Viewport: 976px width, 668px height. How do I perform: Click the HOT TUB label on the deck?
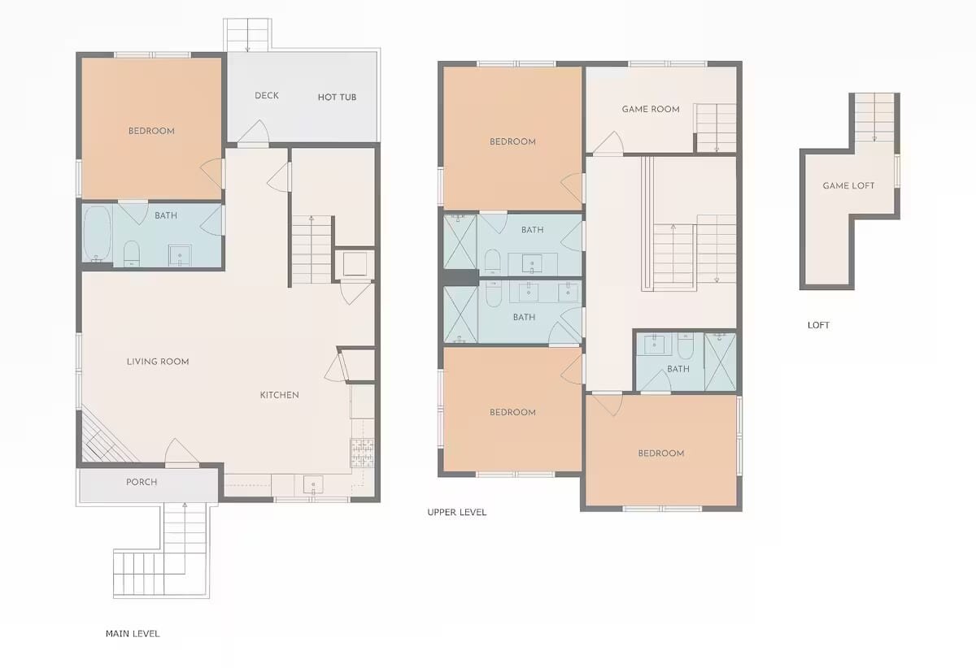point(337,97)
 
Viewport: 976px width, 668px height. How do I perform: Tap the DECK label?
point(267,95)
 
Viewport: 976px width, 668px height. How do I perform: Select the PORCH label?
point(142,482)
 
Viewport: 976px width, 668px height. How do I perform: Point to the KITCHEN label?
point(279,395)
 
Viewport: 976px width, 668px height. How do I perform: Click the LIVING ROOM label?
point(158,362)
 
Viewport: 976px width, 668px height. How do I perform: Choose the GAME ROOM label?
point(651,109)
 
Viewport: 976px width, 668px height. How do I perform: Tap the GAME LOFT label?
point(848,185)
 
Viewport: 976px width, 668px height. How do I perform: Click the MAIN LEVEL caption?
point(133,634)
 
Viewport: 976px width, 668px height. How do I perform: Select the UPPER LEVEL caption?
point(456,512)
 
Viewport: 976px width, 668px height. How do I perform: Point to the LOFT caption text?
point(818,325)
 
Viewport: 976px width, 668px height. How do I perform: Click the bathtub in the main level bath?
point(97,234)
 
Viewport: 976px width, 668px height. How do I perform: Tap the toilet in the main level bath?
point(132,254)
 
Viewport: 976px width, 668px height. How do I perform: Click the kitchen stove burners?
point(362,452)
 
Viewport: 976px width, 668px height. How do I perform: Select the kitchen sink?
point(313,484)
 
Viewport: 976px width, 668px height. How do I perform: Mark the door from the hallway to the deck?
point(254,132)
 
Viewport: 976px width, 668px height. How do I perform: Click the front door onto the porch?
point(181,453)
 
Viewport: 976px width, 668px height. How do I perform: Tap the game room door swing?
point(608,143)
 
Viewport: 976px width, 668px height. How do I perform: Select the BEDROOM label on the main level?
point(151,131)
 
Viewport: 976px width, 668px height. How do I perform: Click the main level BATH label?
point(166,215)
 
